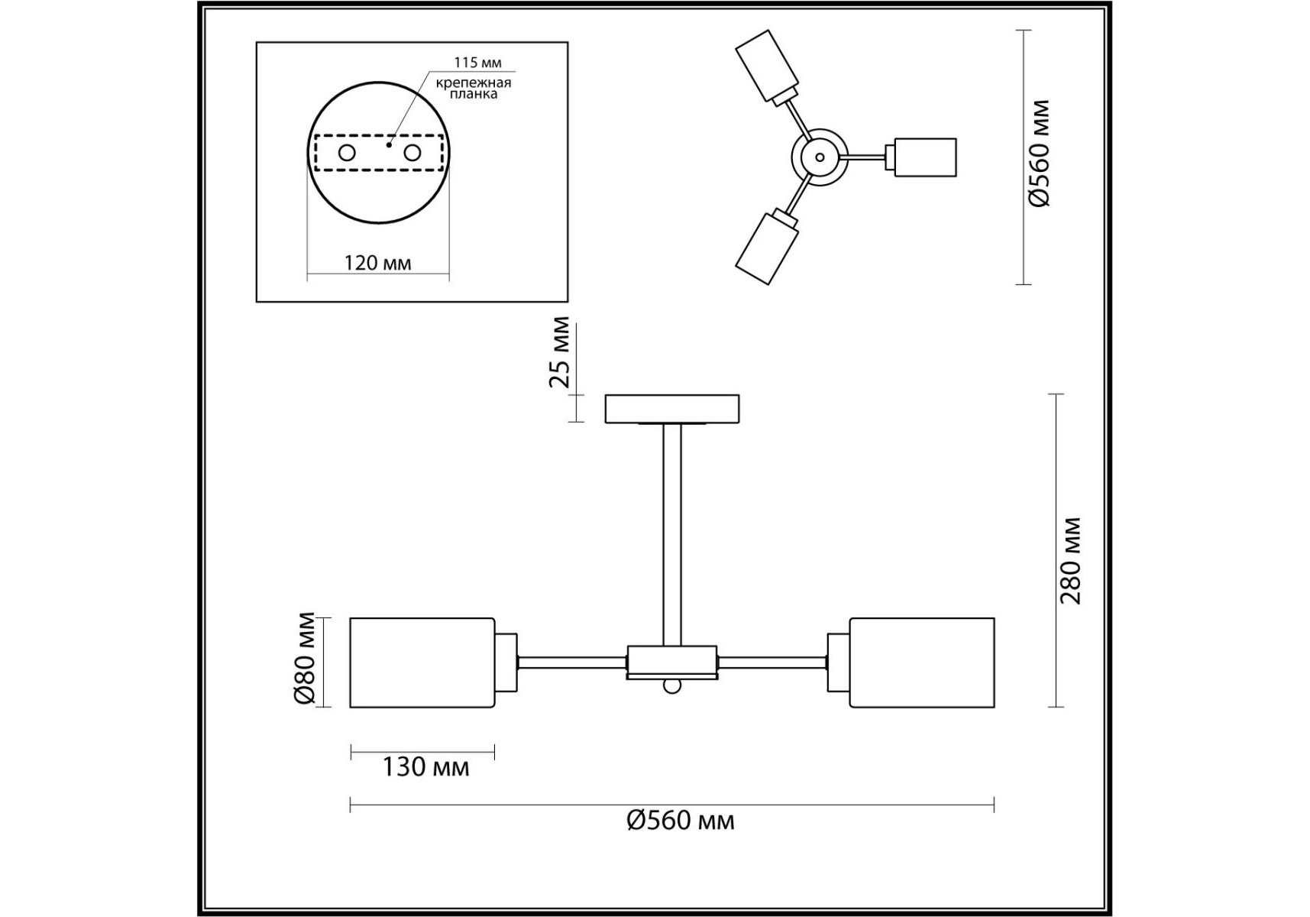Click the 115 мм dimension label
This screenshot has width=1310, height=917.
477,63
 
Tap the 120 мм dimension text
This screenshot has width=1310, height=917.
377,263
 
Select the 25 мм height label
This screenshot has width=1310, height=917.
561,352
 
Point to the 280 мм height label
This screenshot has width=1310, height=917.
1071,561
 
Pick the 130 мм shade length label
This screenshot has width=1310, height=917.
425,766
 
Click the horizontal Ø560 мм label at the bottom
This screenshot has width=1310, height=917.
681,821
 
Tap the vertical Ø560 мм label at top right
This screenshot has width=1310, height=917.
1040,153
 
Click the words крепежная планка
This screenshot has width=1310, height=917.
474,89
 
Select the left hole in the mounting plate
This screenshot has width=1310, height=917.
347,153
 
